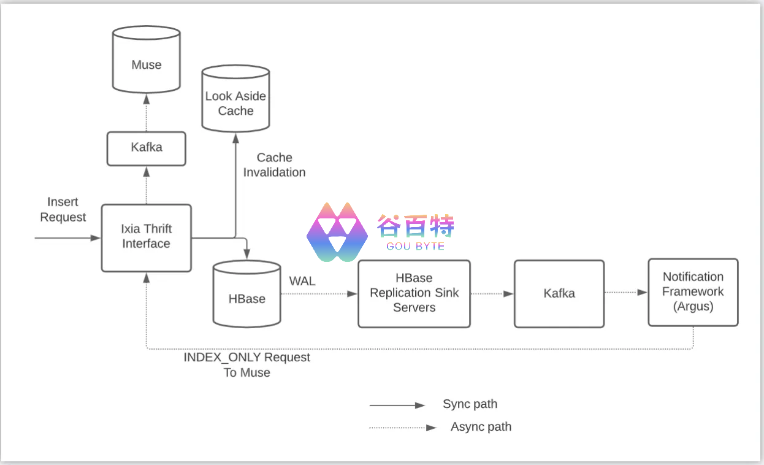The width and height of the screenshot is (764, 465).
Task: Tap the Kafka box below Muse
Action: tap(147, 148)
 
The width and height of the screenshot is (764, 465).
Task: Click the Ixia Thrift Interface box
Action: tap(146, 237)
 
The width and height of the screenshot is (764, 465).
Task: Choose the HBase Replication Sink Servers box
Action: tap(414, 293)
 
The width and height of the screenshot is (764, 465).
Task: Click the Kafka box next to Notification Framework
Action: tap(559, 293)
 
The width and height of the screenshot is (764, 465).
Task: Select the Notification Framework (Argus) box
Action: tap(693, 292)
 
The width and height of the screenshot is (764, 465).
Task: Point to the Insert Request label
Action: tap(63, 210)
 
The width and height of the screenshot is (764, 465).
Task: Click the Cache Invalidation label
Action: tap(274, 165)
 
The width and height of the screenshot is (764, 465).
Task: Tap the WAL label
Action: tap(302, 281)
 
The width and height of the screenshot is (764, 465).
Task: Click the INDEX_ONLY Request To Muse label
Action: tap(246, 365)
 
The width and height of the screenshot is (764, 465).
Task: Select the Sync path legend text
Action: tap(470, 404)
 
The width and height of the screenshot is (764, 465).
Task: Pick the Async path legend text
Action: tap(481, 427)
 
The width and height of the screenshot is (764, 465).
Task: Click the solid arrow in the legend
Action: tap(397, 405)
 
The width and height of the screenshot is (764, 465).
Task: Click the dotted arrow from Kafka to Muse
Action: tap(147, 113)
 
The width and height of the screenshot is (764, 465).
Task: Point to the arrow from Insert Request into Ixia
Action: tap(67, 237)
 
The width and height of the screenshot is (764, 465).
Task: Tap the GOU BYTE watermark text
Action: tap(415, 246)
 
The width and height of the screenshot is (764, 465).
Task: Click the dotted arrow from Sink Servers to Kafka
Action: tap(492, 294)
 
